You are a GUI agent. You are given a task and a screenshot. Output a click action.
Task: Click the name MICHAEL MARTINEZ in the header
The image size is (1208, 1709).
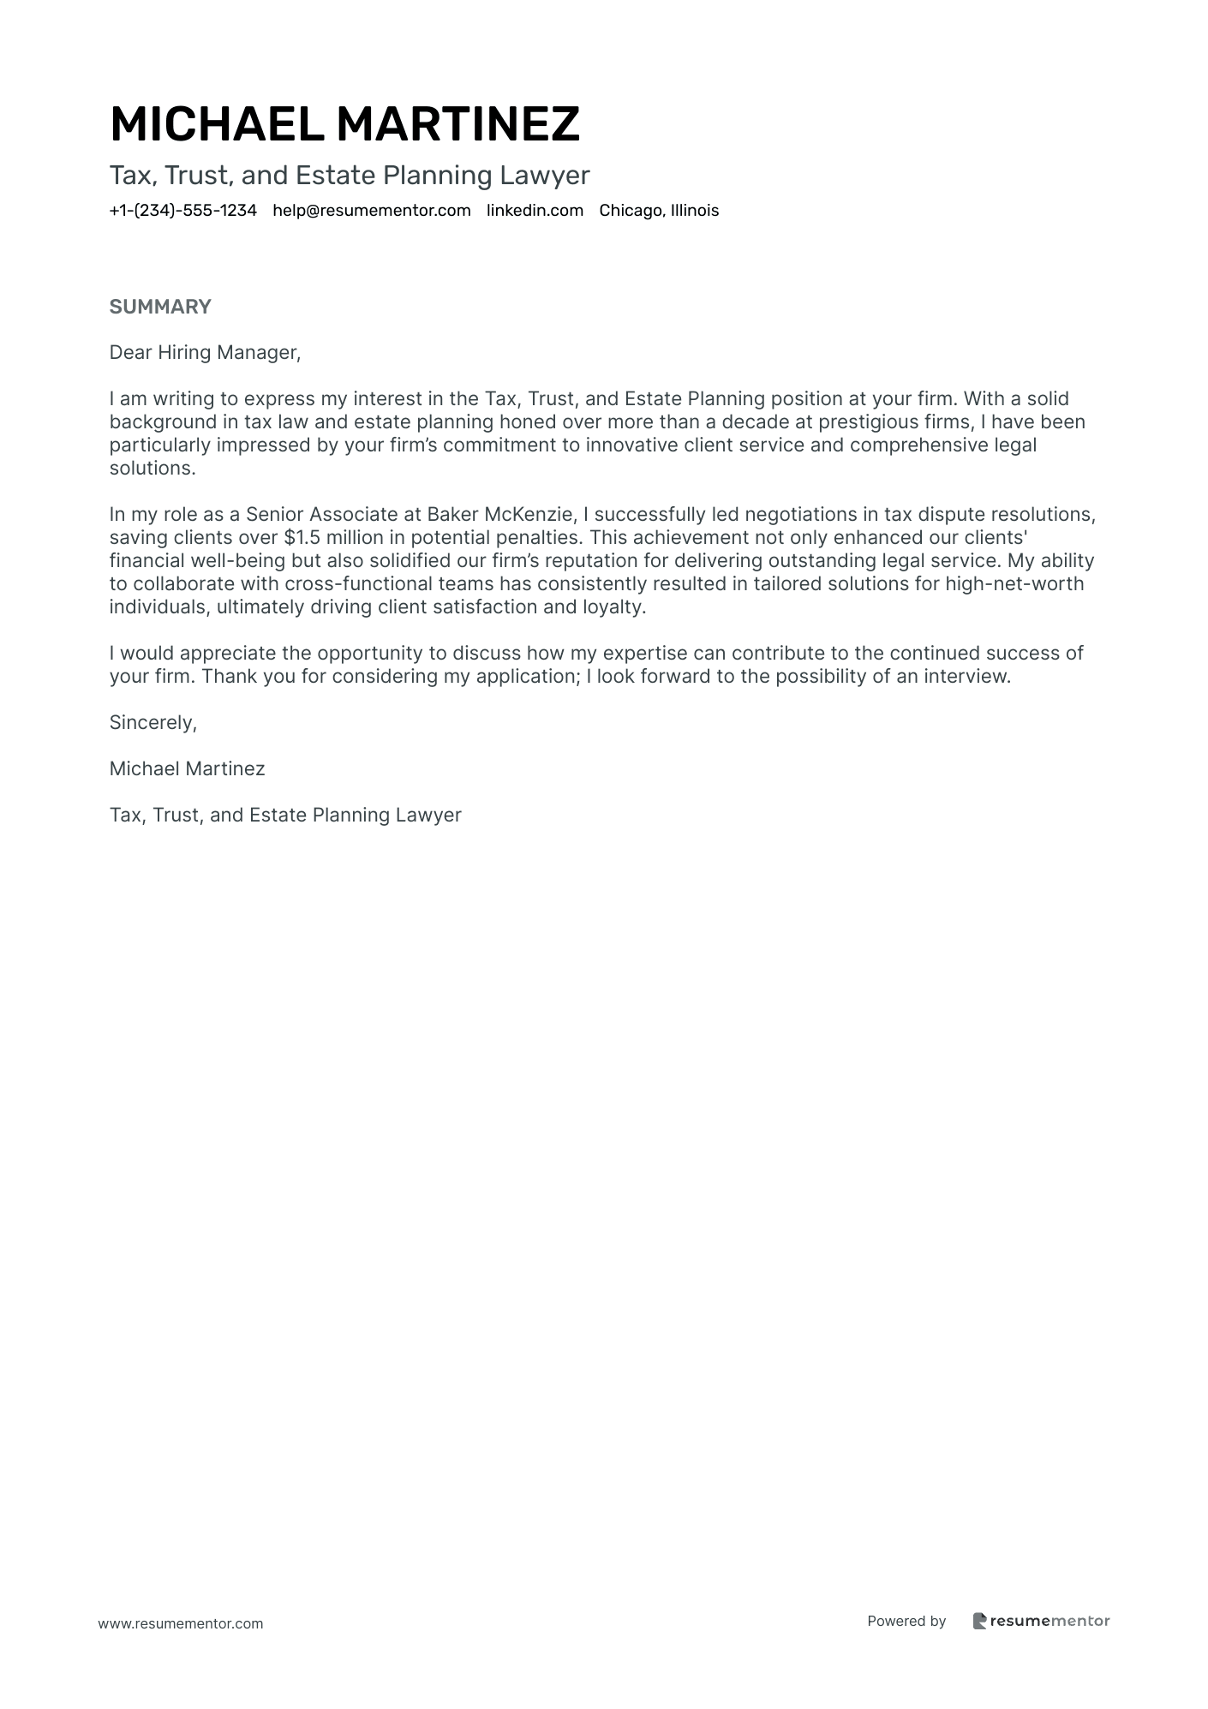click(344, 124)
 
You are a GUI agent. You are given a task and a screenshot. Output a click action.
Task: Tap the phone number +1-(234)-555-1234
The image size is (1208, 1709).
click(182, 211)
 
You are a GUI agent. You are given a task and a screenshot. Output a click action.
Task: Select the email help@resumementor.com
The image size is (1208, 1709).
click(372, 211)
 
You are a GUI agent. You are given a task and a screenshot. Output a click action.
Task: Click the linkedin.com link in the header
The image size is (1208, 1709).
click(535, 211)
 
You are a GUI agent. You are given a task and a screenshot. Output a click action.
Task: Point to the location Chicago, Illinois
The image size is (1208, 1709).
click(659, 211)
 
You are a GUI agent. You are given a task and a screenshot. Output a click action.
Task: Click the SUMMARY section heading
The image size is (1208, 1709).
click(160, 307)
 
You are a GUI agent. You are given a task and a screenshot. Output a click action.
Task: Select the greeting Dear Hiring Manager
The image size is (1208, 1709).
click(205, 353)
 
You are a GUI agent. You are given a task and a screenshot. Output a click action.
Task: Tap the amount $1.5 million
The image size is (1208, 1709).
click(333, 538)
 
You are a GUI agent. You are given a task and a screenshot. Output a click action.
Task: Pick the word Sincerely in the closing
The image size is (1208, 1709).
click(152, 723)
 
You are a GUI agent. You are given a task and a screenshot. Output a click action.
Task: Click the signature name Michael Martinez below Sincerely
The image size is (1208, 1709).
click(187, 769)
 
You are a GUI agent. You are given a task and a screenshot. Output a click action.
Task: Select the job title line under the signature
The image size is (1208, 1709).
click(285, 816)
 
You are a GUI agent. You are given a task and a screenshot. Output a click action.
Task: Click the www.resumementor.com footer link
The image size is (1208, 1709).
click(181, 1624)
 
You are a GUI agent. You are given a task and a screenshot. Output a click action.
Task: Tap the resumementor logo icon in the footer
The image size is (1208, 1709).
click(980, 1621)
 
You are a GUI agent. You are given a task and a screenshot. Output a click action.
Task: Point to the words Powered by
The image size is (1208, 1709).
click(906, 1621)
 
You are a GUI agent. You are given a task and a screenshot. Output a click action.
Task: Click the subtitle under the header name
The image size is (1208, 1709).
click(350, 176)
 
